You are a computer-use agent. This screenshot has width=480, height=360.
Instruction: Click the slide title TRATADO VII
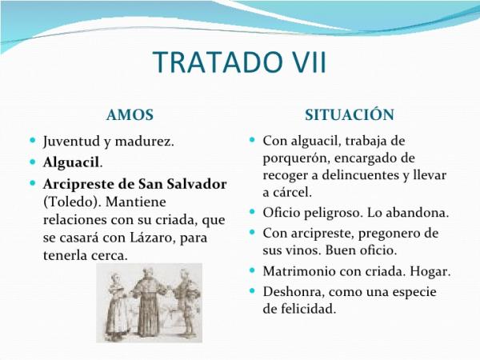point(240,62)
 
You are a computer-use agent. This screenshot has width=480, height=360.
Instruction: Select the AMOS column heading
point(130,115)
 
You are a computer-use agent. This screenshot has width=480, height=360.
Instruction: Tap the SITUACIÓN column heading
point(350,114)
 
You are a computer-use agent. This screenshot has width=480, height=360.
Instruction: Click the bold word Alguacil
point(71,162)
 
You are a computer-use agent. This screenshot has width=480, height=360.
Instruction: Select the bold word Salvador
point(198,184)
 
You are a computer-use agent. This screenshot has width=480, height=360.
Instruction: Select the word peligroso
point(333,213)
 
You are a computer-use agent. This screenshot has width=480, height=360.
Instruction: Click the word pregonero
point(388,234)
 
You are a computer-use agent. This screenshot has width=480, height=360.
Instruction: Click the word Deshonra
point(294,291)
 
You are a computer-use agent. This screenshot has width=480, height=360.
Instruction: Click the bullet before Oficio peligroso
point(252,211)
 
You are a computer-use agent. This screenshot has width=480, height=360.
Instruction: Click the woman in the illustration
point(117,306)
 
